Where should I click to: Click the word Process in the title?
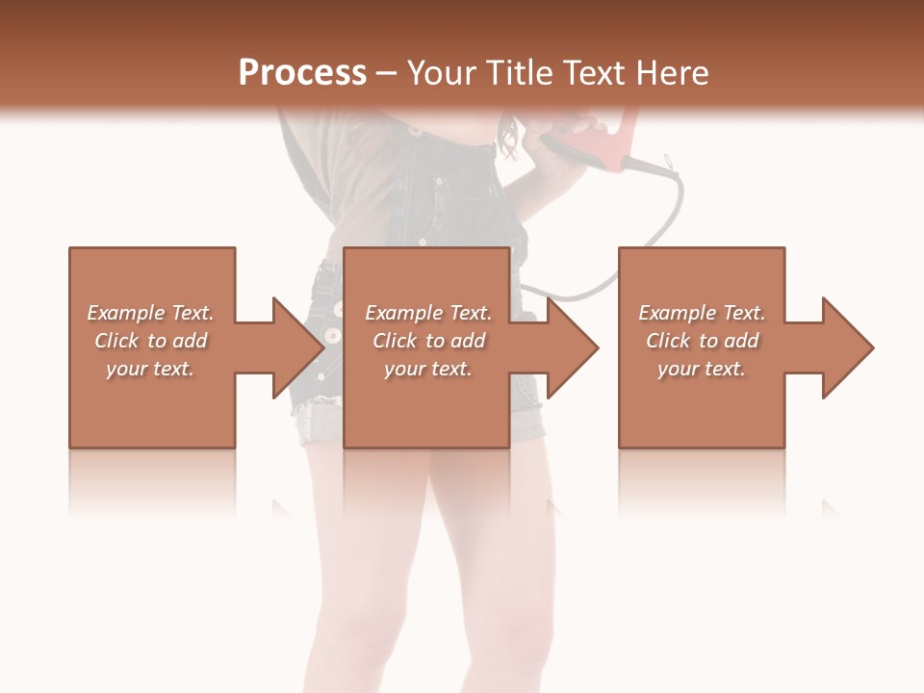[x=302, y=72]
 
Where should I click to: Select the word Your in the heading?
[x=441, y=72]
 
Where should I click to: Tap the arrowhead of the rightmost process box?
[x=846, y=347]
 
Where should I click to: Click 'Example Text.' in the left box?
[x=150, y=313]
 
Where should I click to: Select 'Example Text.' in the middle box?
[x=428, y=313]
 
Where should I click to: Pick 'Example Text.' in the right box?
[x=702, y=313]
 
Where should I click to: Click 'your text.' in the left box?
[x=150, y=369]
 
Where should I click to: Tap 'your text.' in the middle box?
[x=428, y=369]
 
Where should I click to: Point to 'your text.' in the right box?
[x=702, y=369]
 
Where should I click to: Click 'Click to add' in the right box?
[x=702, y=341]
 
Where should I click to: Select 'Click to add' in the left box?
[x=150, y=341]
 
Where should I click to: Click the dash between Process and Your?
[x=386, y=74]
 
